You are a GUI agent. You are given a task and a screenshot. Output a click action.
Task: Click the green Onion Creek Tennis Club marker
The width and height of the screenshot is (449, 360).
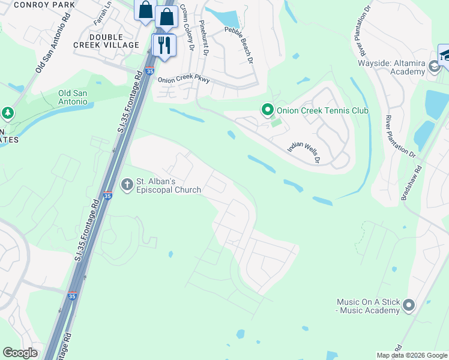coord(267,110)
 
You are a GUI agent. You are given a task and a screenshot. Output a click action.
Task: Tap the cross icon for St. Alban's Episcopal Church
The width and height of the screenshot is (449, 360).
coord(127,184)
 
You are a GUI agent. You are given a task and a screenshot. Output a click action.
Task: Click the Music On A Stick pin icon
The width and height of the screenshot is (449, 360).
coord(409,305)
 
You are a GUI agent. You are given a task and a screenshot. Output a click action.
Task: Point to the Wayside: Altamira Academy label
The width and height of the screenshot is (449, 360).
coord(391,67)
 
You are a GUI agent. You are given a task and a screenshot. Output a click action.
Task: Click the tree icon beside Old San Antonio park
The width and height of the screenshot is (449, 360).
coord(7,113)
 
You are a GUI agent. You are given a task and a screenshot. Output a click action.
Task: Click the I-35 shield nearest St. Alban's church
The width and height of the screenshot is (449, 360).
coord(107,196)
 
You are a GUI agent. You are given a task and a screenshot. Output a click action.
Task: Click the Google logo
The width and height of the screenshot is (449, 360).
coord(20,353)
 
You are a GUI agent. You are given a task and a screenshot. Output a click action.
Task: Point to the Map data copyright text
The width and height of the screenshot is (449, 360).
coord(411,355)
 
